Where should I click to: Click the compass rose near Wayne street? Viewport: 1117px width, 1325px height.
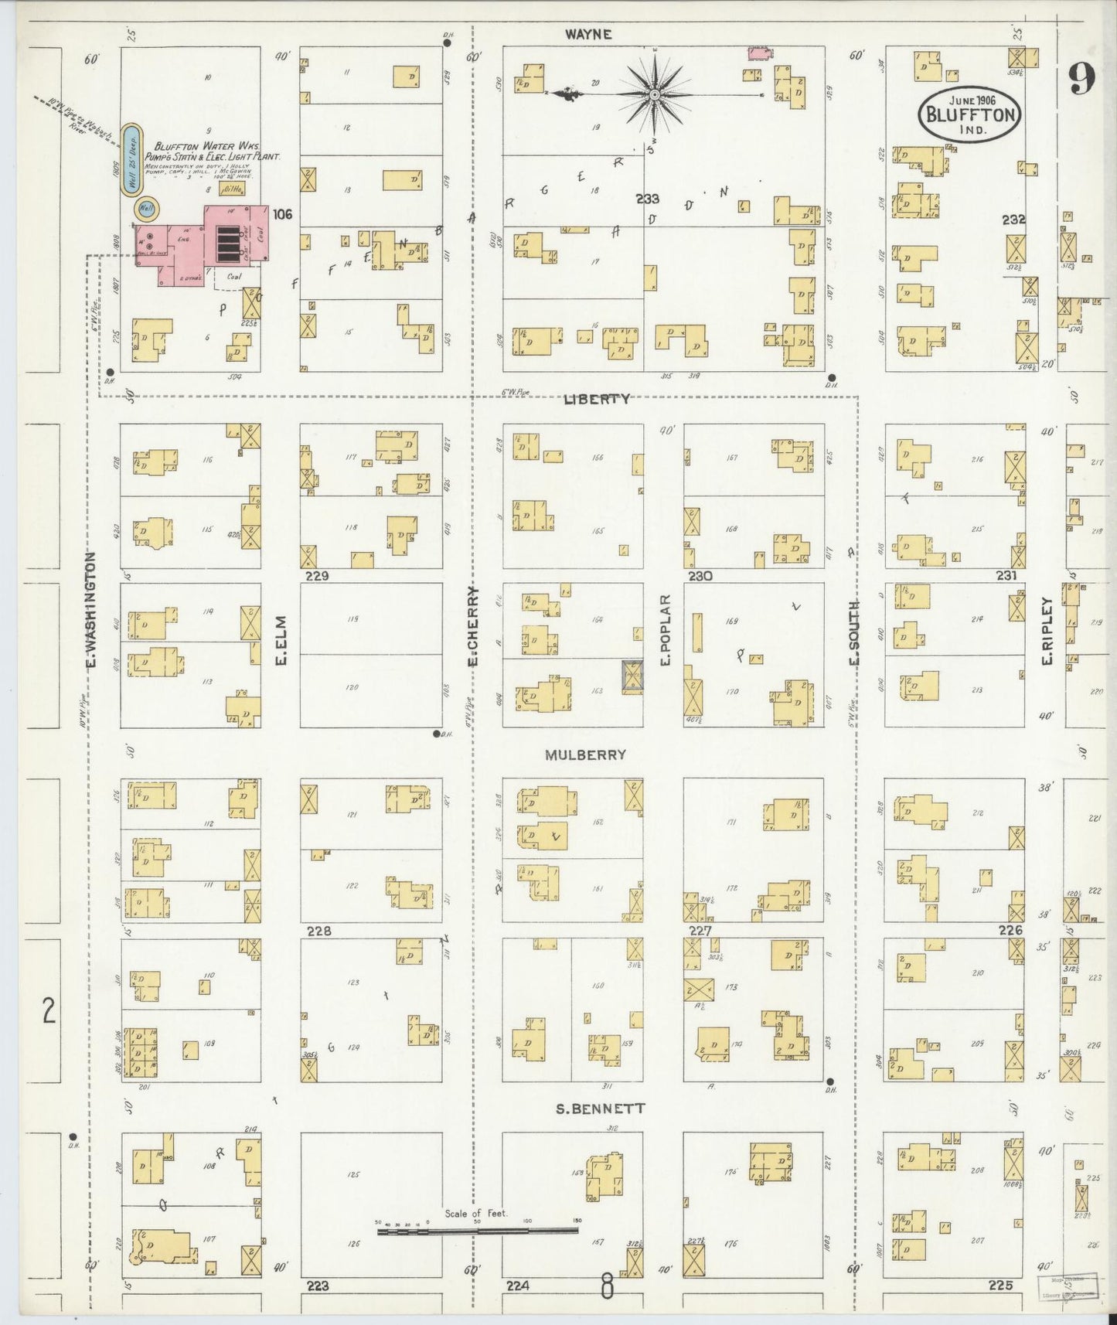click(654, 94)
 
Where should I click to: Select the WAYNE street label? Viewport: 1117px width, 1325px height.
click(587, 34)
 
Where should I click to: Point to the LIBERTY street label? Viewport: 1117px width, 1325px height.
click(596, 399)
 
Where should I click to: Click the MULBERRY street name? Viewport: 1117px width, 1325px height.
click(585, 754)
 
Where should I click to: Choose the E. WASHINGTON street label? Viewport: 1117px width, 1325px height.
click(90, 610)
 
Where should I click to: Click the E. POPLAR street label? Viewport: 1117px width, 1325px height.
click(665, 629)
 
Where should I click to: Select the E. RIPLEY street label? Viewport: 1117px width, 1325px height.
click(1048, 629)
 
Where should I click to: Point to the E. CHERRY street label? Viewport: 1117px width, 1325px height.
click(473, 625)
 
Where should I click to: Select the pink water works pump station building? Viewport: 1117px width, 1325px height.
click(201, 246)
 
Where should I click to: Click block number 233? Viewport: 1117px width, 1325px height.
click(647, 198)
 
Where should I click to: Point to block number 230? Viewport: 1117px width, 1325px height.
click(700, 576)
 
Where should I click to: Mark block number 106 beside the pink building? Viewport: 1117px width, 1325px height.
click(282, 213)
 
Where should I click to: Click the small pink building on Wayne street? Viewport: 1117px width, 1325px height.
click(758, 53)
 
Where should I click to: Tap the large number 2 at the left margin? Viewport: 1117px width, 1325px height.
click(49, 1011)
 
